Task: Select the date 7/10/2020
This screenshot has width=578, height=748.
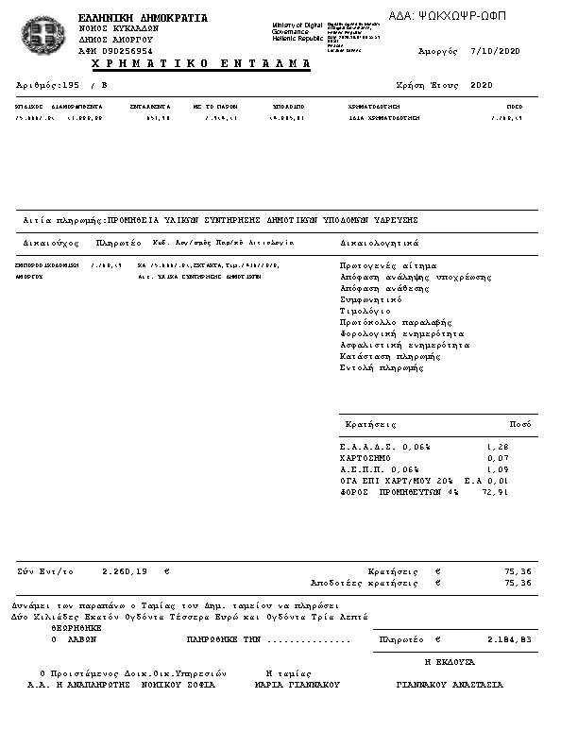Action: pos(496,50)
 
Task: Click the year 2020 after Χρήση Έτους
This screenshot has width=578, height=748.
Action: pos(482,85)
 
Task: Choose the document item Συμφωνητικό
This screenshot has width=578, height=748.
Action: pos(371,299)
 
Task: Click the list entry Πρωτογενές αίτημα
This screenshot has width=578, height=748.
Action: pos(388,265)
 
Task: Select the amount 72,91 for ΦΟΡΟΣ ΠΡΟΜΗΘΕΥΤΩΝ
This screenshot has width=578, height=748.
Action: pos(494,492)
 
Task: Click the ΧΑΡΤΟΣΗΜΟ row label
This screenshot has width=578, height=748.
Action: pos(365,458)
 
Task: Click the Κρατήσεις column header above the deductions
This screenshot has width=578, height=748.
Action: pos(371,424)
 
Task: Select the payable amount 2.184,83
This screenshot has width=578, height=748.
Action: pos(510,639)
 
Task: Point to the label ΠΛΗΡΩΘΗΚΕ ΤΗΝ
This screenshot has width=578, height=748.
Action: pos(223,639)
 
